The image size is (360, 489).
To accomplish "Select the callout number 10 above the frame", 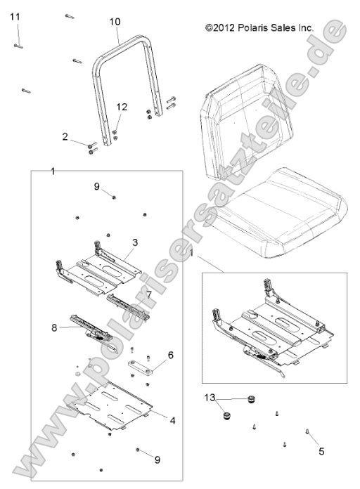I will (x=115, y=22).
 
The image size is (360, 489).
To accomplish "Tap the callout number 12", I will (x=122, y=107).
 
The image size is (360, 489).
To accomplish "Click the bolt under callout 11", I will (x=19, y=46).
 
